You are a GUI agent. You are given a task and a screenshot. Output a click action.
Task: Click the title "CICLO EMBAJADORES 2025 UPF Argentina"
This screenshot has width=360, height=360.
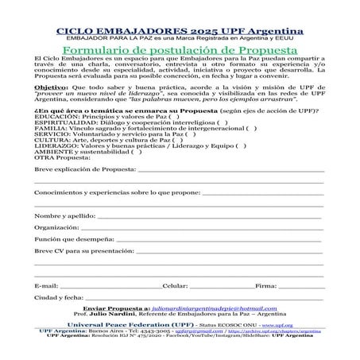pyautogui.click(x=180, y=29)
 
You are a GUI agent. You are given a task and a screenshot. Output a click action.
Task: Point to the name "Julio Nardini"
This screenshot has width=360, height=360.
pyautogui.click(x=111, y=314)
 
